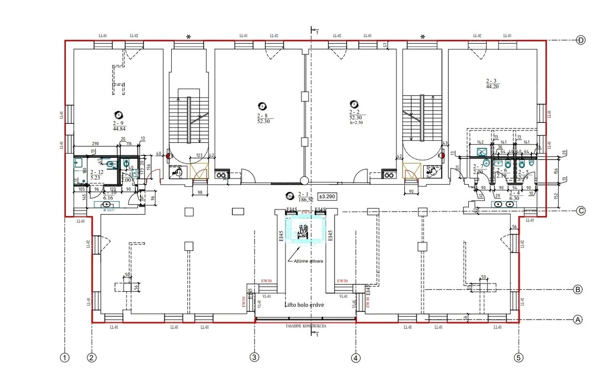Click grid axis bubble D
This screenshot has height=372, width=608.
(x=581, y=40)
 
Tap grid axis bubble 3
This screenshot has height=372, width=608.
(x=255, y=358)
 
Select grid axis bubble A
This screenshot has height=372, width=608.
(x=577, y=320)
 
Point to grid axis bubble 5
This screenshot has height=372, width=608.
(x=519, y=358)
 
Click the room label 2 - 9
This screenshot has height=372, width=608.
(x=118, y=123)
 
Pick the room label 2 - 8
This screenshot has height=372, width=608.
(x=263, y=116)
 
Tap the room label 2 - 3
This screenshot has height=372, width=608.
(x=492, y=81)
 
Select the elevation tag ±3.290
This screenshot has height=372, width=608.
(x=326, y=197)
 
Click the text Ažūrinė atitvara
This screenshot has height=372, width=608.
(x=308, y=261)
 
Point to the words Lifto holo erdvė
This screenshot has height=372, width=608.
(x=304, y=305)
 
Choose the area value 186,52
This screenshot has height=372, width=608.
(x=304, y=199)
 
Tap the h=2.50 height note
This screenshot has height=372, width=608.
(x=356, y=123)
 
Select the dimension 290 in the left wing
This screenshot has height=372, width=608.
(x=95, y=144)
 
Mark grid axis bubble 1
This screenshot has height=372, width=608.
(x=64, y=358)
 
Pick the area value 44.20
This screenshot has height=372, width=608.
(x=492, y=86)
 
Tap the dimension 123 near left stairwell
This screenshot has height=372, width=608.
(x=199, y=155)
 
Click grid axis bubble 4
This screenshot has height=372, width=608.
(x=356, y=358)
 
